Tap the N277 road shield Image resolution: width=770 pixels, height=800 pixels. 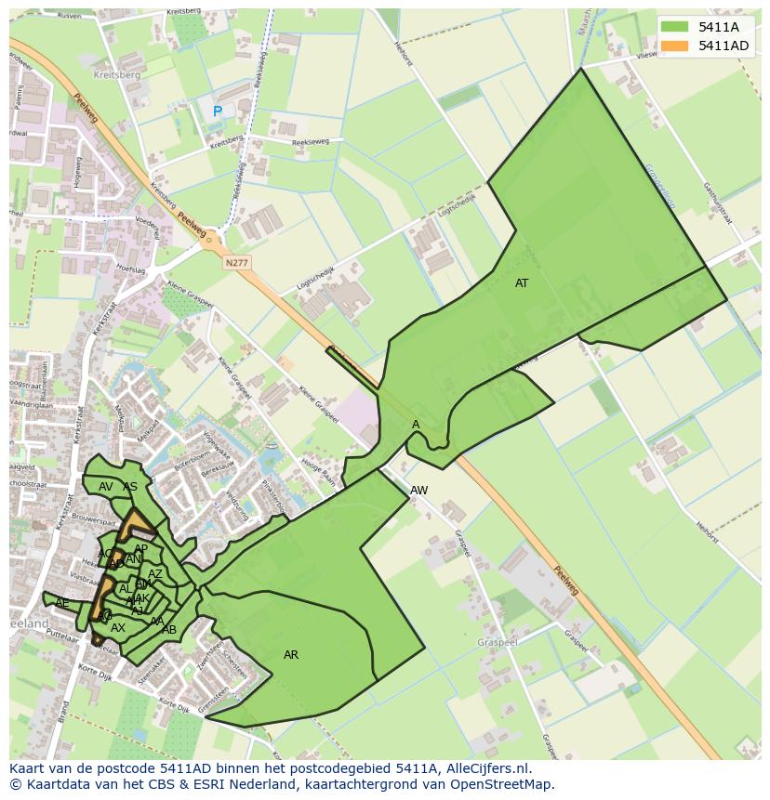pos(237,264)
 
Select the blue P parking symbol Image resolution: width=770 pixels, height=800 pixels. pos(218,111)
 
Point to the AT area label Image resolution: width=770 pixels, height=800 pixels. pos(522,283)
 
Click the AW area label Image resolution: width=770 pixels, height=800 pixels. pos(418,491)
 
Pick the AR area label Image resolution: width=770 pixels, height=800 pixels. pos(291,655)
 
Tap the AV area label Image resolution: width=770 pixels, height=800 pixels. pos(106,487)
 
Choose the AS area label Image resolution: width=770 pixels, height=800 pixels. pos(130,487)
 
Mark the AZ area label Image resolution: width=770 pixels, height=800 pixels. pos(155,574)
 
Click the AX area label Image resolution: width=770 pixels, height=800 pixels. pos(118,628)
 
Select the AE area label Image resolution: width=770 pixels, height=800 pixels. pos(62,603)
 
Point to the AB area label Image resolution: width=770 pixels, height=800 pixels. pos(169,630)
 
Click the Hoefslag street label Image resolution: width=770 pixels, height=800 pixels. pos(132,269)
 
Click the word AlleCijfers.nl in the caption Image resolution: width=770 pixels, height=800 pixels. pos(482,768)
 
